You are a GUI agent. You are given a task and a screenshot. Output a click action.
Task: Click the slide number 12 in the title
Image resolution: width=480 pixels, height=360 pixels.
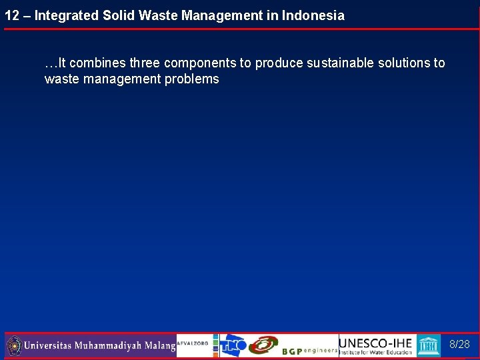(x=11, y=15)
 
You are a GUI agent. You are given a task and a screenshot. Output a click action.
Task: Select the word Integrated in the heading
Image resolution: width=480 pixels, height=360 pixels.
(x=66, y=15)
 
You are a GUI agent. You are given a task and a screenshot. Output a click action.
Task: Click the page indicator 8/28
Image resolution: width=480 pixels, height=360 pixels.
(x=459, y=345)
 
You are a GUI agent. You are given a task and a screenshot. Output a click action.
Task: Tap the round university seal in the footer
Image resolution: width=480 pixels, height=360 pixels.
(x=14, y=346)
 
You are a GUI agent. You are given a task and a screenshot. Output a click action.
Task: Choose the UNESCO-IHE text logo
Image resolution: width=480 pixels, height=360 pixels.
(x=376, y=343)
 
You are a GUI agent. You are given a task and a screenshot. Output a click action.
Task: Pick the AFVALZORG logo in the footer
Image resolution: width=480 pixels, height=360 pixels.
(x=193, y=343)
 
